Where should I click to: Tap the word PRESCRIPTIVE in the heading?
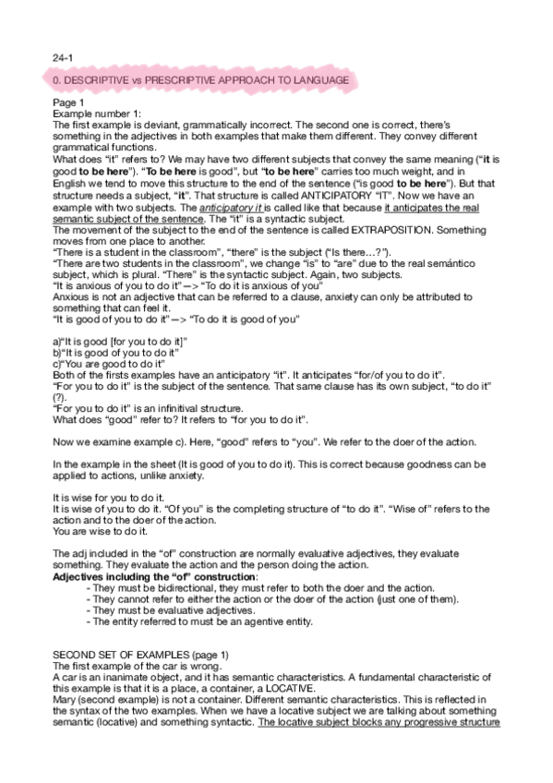pos(175,81)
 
